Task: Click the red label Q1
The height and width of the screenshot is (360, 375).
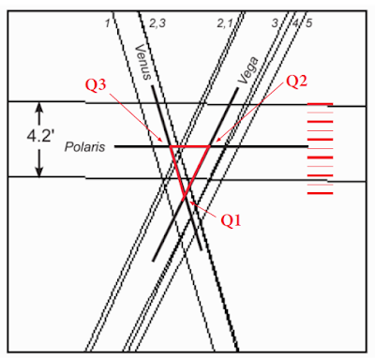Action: (231, 220)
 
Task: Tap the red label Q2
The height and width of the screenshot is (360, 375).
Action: (296, 81)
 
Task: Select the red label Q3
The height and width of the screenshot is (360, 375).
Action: (96, 85)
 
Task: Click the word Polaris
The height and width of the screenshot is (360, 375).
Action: (84, 147)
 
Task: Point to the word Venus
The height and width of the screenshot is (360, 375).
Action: (143, 62)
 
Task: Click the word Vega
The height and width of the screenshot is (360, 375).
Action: (248, 70)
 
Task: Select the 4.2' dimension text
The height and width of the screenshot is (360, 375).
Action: (39, 136)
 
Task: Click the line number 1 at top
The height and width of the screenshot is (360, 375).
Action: (108, 23)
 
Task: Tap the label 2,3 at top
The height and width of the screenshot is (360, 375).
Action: (157, 23)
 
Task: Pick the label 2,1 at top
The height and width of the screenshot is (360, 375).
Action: (225, 23)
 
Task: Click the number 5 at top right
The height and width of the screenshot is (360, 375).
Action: (308, 23)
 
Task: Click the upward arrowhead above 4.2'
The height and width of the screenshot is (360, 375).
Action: (39, 107)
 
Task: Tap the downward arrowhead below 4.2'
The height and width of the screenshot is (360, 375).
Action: (39, 172)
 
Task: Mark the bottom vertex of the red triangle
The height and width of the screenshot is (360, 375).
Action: (184, 200)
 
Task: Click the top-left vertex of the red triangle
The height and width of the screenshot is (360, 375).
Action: (170, 146)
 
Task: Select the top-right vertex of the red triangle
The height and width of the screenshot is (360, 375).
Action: (210, 146)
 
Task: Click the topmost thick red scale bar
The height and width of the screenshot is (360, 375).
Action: (320, 104)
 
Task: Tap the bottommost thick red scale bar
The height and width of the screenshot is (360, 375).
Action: (320, 193)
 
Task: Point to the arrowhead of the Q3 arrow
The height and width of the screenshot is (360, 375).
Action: (160, 140)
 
